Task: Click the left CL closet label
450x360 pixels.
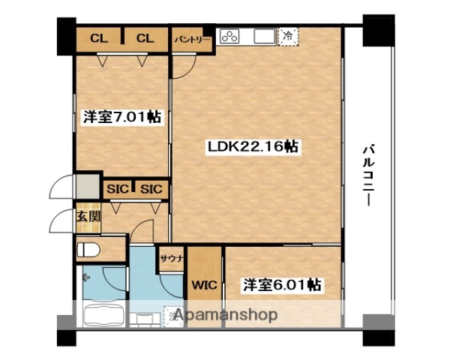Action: click(99, 38)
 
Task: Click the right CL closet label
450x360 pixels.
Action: click(145, 38)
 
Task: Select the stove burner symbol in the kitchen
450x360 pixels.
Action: click(230, 36)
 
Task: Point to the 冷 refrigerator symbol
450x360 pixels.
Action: click(287, 35)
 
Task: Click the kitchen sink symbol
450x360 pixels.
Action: click(264, 36)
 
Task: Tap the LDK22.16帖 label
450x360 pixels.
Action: click(253, 147)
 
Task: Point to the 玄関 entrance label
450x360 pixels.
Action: click(87, 216)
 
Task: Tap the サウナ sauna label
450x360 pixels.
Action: click(169, 257)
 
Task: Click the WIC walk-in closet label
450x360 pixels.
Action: click(203, 285)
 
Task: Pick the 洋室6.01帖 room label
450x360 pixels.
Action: click(282, 285)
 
